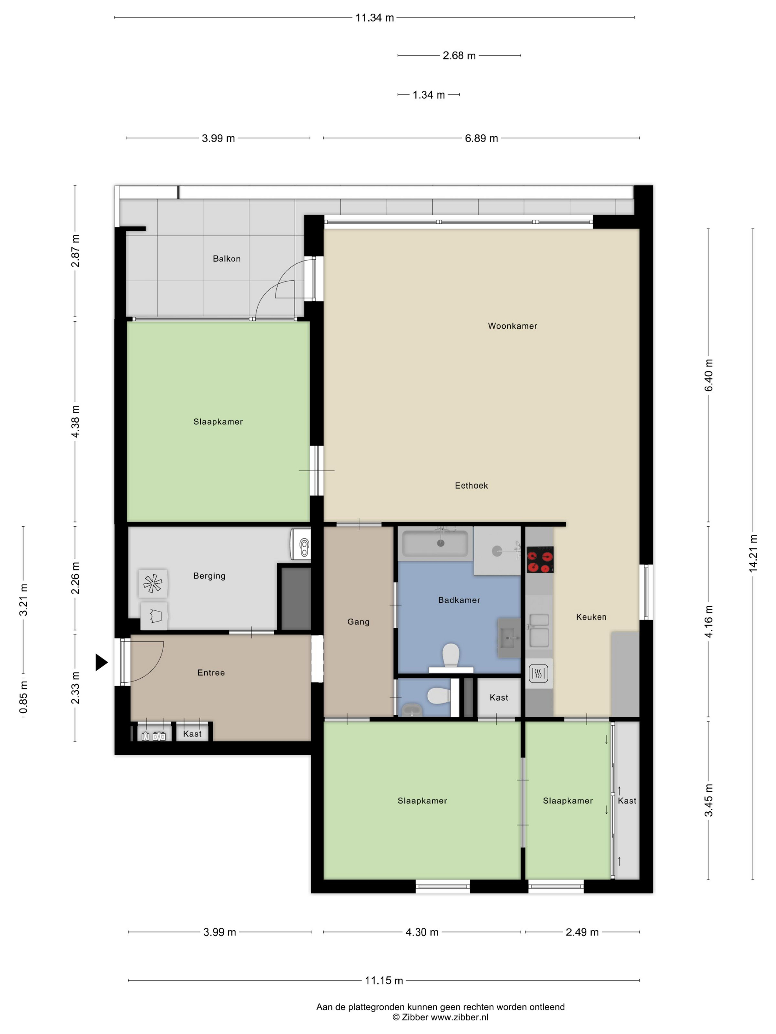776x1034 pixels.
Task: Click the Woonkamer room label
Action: pos(512,326)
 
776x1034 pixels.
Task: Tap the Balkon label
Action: pos(227,258)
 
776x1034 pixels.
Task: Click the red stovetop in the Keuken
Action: pos(540,559)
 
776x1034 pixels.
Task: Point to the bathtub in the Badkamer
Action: pos(435,544)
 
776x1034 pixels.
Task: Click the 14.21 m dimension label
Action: pos(753,554)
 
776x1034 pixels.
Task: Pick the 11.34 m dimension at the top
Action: pos(375,18)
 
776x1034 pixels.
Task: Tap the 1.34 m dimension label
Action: pos(428,95)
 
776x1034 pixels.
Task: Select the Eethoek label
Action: pos(471,486)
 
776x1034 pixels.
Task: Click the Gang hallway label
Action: pos(358,622)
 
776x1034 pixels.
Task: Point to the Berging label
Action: pos(209,576)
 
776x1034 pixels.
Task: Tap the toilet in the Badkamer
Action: pos(451,656)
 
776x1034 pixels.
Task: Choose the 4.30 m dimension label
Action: pos(422,932)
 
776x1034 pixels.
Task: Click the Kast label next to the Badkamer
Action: pos(498,698)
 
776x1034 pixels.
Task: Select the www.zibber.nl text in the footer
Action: pos(459,1017)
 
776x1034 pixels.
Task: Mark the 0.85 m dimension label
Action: pos(23,697)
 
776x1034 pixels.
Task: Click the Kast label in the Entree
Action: pos(192,734)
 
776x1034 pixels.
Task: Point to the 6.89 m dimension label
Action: pos(481,138)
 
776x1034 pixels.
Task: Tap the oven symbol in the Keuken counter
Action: pos(539,673)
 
